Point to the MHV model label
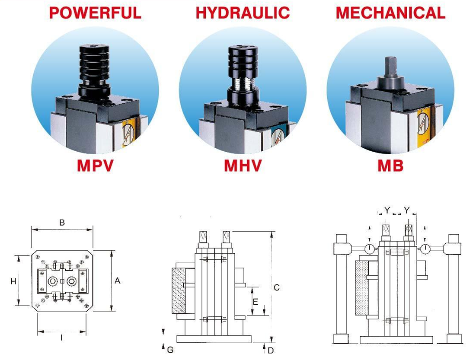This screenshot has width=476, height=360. [x=243, y=165]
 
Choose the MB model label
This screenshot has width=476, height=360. [x=390, y=165]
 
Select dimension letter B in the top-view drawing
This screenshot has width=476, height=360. [x=62, y=223]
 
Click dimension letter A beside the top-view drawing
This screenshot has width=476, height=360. [x=117, y=281]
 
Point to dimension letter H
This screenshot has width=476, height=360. [x=13, y=281]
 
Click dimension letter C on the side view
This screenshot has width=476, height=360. [x=277, y=287]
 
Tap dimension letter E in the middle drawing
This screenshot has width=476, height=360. [x=256, y=302]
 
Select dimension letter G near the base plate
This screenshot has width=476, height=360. [x=170, y=350]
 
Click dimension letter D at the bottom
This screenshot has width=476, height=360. [x=271, y=350]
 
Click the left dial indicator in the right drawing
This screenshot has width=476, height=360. [x=370, y=249]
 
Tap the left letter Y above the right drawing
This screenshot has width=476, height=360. [x=387, y=210]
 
